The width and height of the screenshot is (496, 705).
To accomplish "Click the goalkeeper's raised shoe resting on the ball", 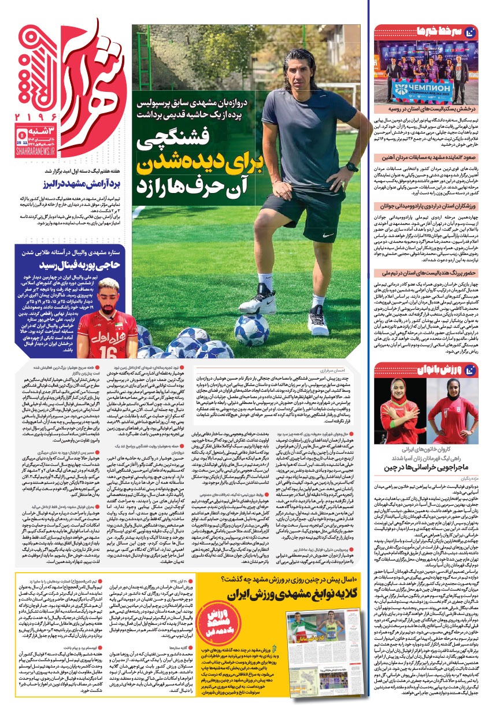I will [x=258, y=301].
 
